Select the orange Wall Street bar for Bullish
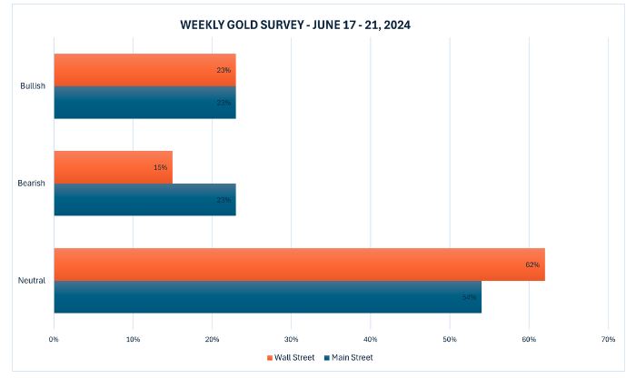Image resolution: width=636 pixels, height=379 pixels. point(144,70)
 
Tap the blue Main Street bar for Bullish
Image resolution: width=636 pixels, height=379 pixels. point(144,102)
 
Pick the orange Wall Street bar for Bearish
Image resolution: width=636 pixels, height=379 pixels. point(113,167)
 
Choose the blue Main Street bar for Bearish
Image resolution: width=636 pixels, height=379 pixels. point(144,199)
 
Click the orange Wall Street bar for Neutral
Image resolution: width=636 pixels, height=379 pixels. point(299,264)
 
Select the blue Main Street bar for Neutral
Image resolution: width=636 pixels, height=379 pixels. point(267,296)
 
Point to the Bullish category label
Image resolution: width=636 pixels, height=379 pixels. point(33,86)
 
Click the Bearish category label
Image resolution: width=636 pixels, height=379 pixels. point(32,184)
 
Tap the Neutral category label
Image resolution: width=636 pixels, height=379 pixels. point(33,281)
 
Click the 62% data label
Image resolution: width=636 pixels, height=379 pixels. point(532,264)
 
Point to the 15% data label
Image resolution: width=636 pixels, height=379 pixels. point(160,167)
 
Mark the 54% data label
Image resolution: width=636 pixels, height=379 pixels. point(469,297)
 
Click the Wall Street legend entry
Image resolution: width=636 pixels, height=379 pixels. point(292,357)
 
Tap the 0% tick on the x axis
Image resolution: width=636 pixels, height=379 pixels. point(54,339)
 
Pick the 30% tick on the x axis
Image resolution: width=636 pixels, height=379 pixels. point(291,339)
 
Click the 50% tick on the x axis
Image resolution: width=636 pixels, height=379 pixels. point(449,339)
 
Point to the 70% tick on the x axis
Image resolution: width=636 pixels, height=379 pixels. point(607,339)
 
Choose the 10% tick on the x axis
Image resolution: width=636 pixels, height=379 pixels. point(133,339)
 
